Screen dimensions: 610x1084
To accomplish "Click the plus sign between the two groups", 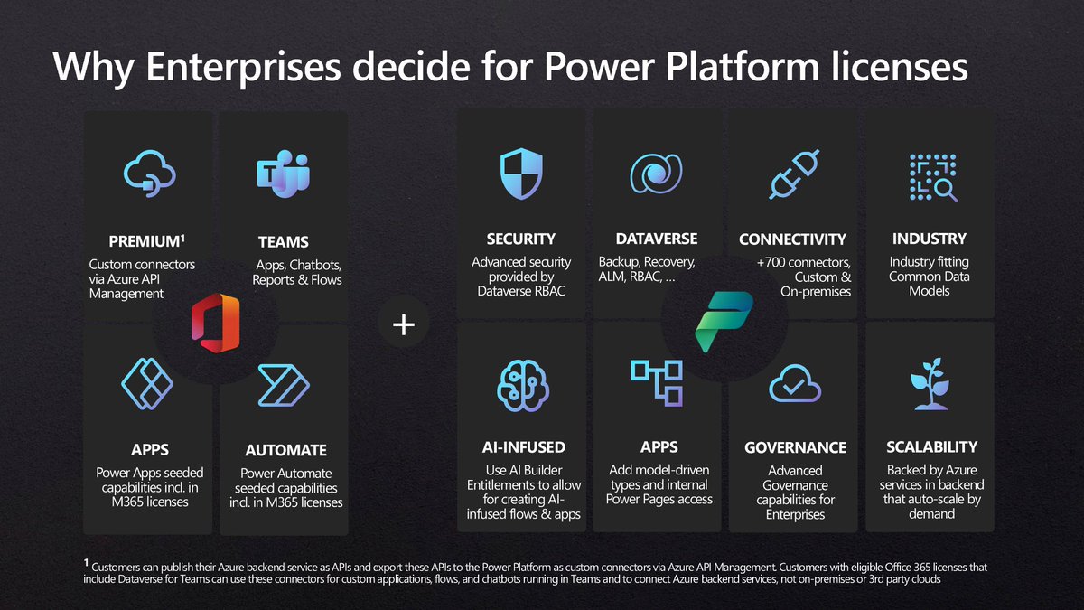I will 404,324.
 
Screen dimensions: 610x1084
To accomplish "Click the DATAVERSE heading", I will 656,239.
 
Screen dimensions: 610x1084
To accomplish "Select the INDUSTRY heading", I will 929,239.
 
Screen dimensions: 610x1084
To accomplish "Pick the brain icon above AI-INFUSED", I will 522,384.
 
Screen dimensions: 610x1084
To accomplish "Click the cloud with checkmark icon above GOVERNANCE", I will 794,387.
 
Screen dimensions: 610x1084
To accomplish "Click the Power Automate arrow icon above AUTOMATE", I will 284,385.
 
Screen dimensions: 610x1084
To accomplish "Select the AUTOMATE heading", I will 285,450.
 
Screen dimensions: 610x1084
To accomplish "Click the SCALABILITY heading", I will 931,446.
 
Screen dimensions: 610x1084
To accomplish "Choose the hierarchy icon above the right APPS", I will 656,382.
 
